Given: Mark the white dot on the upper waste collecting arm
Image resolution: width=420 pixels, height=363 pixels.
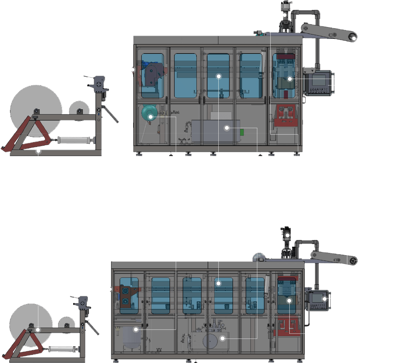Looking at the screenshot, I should point(354,38).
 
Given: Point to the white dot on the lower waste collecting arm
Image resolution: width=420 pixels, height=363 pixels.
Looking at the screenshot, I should point(353,261).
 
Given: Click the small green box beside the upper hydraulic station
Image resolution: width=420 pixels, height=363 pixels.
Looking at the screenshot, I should point(242,132).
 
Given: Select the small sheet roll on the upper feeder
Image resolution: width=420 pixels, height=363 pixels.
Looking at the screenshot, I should point(79,111).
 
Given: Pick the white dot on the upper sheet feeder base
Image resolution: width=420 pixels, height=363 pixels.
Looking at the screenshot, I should point(39,150).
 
